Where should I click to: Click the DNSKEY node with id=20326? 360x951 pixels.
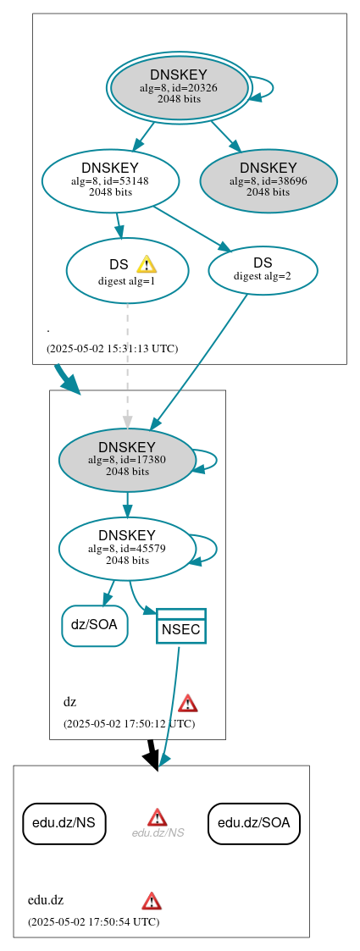[x=179, y=87]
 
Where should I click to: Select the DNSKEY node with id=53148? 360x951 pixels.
[x=110, y=180]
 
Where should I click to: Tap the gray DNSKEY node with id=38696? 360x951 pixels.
[x=269, y=180]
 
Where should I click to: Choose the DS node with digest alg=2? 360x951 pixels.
[x=263, y=270]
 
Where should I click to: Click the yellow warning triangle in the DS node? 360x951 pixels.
[x=147, y=264]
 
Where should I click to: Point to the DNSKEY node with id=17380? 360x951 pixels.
[x=127, y=460]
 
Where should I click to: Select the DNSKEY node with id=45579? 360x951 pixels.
[x=127, y=548]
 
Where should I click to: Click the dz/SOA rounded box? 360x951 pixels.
[x=94, y=625]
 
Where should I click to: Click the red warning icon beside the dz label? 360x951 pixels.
[x=188, y=703]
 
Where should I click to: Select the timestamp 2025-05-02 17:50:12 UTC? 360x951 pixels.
[x=129, y=723]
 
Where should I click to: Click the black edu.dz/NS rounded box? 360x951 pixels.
[x=64, y=823]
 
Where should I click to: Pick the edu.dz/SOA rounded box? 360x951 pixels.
[x=254, y=823]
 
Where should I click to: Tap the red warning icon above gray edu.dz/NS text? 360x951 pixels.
[x=158, y=816]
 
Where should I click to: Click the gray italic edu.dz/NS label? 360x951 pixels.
[x=158, y=833]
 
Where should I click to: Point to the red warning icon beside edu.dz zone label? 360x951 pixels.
[x=152, y=900]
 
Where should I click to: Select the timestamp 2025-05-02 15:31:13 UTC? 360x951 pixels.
[x=112, y=348]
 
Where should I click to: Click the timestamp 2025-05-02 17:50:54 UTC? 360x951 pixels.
[x=93, y=921]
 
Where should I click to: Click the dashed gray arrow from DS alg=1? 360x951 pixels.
[x=128, y=364]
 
